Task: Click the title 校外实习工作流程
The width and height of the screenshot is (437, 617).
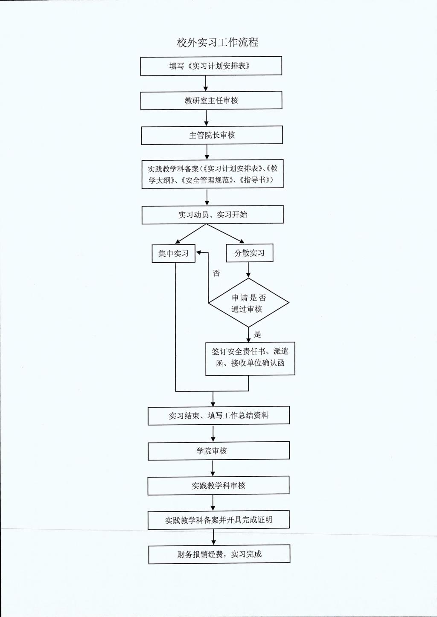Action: (218, 43)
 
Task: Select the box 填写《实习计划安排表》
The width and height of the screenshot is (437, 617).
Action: (211, 66)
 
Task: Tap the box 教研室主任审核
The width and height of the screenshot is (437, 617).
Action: (211, 100)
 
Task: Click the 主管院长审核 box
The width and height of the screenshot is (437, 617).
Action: (212, 135)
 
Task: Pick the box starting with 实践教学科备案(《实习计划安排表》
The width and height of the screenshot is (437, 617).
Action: (213, 174)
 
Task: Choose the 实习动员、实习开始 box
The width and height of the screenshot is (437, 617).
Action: (213, 214)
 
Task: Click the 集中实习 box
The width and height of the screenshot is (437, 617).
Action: (173, 253)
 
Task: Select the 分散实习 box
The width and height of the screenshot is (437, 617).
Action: (250, 253)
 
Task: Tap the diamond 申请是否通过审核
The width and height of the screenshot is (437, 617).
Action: (249, 303)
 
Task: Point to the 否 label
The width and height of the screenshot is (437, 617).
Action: (216, 273)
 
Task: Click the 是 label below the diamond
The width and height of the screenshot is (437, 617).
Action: (257, 334)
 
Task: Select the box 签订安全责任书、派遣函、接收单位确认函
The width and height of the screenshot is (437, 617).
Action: (250, 359)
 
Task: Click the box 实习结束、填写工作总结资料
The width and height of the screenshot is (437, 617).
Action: (218, 415)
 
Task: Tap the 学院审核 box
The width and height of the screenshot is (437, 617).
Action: (218, 451)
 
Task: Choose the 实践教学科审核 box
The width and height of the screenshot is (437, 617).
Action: (218, 485)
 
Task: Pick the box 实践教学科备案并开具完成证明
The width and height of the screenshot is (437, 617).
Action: (218, 520)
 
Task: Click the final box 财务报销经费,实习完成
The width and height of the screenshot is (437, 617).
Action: (219, 554)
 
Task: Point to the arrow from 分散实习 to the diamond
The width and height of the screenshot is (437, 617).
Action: (248, 269)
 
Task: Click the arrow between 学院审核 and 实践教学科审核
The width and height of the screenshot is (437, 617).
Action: (213, 468)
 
